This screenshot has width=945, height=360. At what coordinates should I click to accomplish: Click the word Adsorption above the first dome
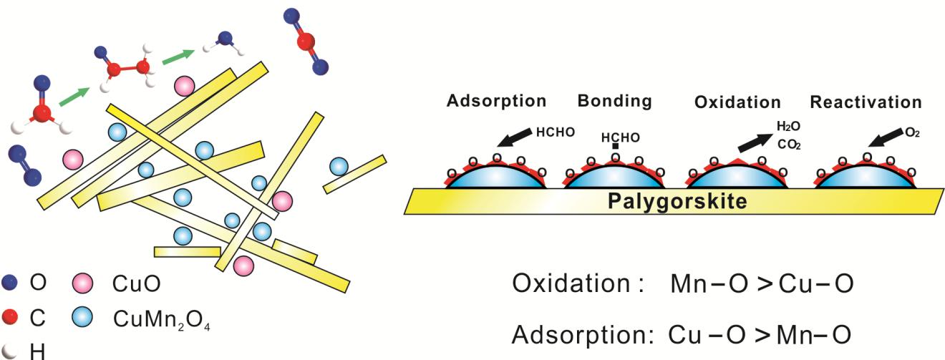(x=496, y=101)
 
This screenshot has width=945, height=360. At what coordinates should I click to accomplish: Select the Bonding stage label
(x=617, y=101)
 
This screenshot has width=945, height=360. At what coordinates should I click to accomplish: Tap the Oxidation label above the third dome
(x=737, y=102)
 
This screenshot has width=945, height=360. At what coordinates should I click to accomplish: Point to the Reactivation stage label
(x=866, y=102)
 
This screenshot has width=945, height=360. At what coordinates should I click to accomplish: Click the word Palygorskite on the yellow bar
(x=677, y=201)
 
